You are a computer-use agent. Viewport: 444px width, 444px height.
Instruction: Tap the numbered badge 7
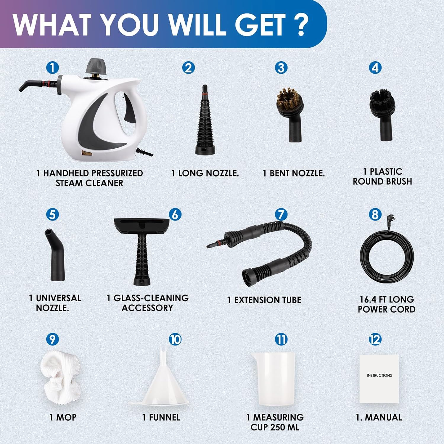281,215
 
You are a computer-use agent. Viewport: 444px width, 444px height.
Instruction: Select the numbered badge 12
375,339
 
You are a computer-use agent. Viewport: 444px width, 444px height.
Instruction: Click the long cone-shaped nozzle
205,120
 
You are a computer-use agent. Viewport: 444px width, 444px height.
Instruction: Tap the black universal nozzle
55,255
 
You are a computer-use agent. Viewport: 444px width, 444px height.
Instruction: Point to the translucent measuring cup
273,379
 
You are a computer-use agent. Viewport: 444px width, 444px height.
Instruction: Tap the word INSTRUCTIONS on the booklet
379,375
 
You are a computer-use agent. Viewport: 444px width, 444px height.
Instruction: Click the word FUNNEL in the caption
165,417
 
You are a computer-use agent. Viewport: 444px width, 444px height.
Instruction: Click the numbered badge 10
175,339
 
